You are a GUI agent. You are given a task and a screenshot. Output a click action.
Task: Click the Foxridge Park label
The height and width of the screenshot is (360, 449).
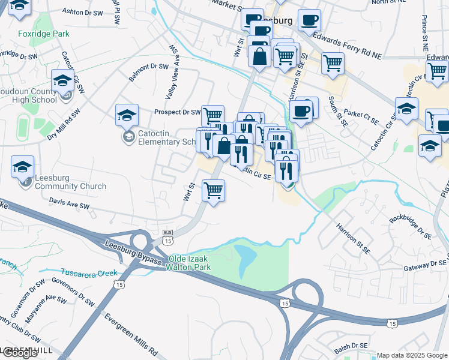click(44, 34)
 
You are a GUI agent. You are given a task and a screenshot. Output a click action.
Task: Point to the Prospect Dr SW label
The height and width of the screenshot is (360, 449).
click(177, 112)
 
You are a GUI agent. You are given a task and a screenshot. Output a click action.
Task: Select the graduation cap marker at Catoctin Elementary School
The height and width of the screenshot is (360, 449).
click(127, 115)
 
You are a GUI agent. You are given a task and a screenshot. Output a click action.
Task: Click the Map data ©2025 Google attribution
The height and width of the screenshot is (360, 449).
click(412, 355)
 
